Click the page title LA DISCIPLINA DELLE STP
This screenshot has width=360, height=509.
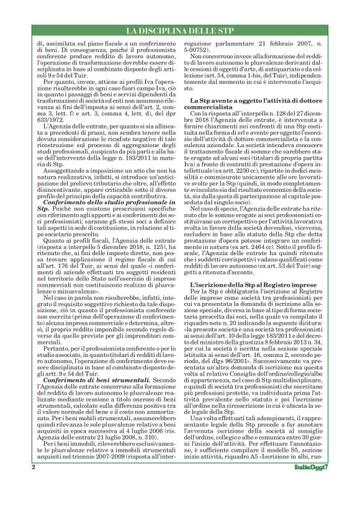(x=179, y=30)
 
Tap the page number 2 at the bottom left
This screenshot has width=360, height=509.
(x=32, y=481)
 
